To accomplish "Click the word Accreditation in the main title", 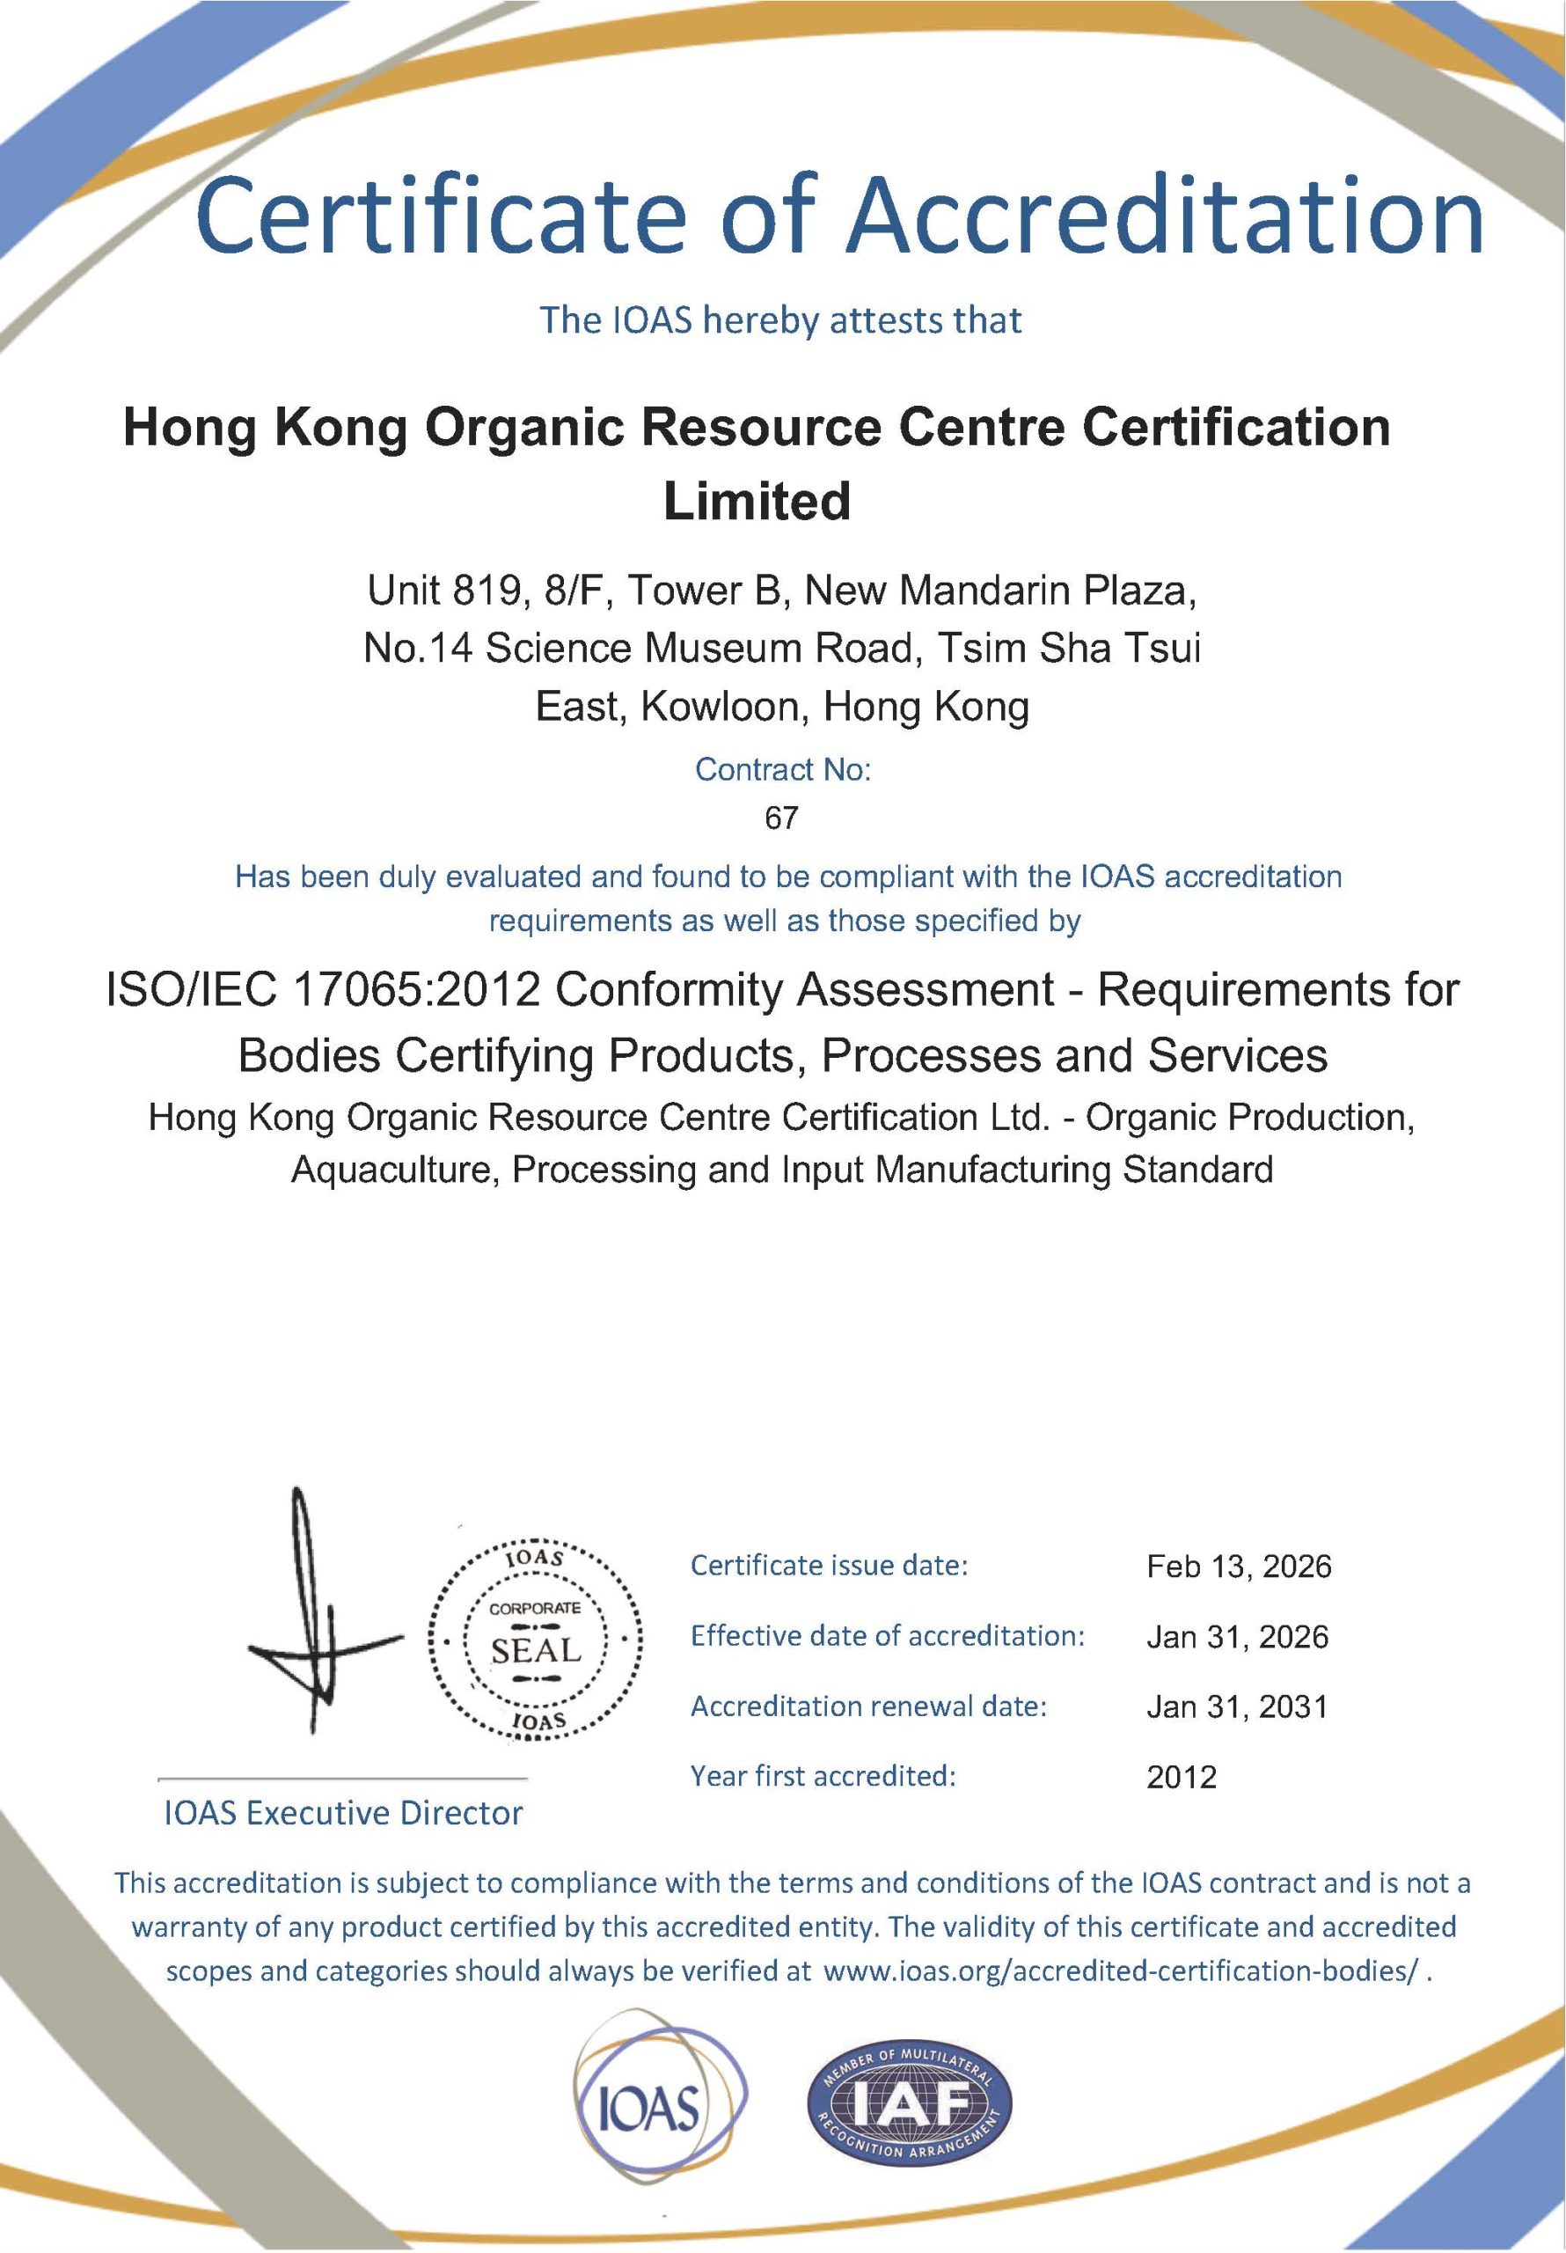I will point(1167,214).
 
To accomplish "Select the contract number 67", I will point(781,818).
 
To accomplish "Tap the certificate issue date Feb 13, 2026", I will point(1238,1567).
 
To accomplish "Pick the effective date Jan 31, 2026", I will point(1237,1637).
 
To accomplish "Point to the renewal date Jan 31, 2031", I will point(1236,1706).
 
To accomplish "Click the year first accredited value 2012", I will point(1182,1777).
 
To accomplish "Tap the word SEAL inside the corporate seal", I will point(536,1649).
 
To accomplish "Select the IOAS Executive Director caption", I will point(343,1813).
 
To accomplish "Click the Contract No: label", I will point(782,770).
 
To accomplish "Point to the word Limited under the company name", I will point(757,502).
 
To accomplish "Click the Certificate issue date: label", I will point(829,1565).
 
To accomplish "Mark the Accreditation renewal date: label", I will point(868,1706).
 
